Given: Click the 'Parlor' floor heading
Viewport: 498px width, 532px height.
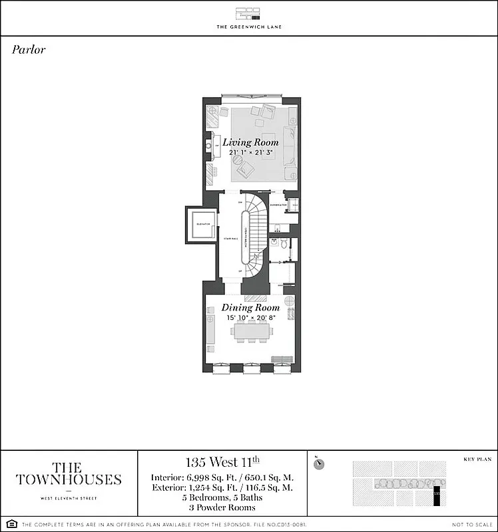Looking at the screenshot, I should (x=29, y=50).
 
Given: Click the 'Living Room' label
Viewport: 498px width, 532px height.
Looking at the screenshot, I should (x=250, y=142).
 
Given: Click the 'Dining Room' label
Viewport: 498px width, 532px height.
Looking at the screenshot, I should (x=250, y=308).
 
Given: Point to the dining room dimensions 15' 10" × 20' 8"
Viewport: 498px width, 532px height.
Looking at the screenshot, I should (x=250, y=319).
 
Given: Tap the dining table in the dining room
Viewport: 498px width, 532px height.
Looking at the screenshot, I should (x=250, y=332).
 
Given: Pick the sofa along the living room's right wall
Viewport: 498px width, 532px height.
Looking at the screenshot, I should (x=289, y=146).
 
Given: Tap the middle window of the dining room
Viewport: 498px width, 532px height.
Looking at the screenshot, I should (x=250, y=368).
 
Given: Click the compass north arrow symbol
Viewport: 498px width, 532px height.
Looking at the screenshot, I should (x=319, y=464).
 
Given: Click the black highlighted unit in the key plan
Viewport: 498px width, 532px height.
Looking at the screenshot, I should (x=437, y=495).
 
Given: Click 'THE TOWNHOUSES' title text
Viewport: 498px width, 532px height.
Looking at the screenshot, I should (x=69, y=473).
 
